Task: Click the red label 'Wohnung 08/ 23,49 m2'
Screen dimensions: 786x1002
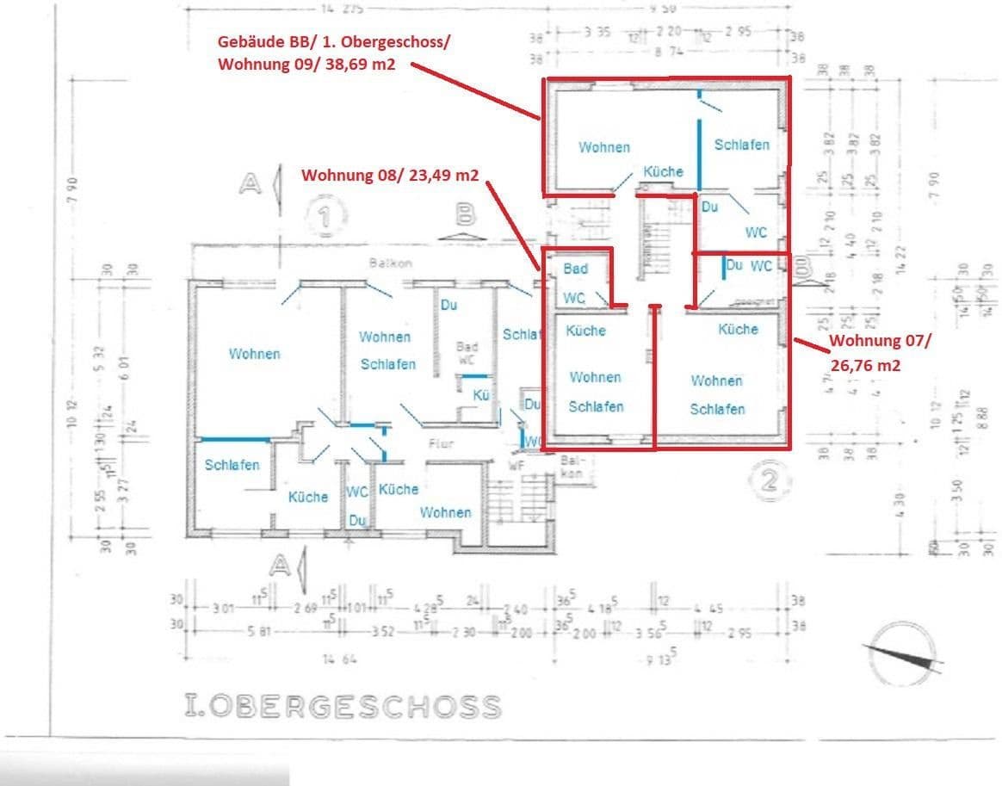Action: click(389, 175)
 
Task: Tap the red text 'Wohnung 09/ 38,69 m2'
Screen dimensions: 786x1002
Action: click(306, 64)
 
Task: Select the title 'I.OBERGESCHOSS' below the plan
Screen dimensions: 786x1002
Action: click(343, 707)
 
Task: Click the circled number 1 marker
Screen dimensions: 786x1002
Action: click(325, 216)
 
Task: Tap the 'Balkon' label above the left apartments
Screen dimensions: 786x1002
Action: click(393, 263)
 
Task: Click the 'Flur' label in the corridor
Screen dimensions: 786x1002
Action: click(441, 444)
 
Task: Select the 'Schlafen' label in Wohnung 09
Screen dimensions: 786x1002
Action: click(741, 145)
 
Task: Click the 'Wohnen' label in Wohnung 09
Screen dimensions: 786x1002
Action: click(603, 147)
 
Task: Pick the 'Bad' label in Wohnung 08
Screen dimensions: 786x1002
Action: click(575, 269)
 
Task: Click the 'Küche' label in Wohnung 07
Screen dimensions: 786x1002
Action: click(738, 329)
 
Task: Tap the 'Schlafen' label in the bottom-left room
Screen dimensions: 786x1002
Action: click(232, 465)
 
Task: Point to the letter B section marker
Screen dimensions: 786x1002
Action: click(465, 216)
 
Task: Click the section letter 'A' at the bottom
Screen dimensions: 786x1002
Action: click(279, 565)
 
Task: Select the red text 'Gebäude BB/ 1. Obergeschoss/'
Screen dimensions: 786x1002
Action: click(332, 42)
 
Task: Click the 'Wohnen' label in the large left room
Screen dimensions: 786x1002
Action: click(254, 353)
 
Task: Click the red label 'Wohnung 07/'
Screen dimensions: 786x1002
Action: click(879, 341)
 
